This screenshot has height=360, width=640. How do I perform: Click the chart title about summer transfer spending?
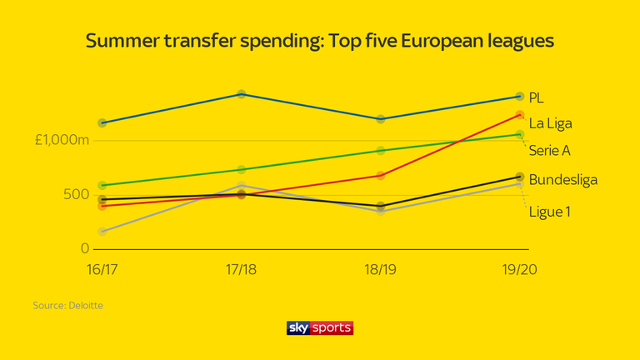click(x=320, y=41)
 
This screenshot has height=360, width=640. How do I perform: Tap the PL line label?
click(x=537, y=97)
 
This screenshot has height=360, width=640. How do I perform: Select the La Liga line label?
click(x=550, y=123)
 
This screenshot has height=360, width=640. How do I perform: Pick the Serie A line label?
click(x=550, y=151)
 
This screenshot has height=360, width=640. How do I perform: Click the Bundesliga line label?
click(x=563, y=179)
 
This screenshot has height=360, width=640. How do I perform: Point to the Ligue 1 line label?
click(x=550, y=212)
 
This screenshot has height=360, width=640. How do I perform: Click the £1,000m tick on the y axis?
click(x=62, y=140)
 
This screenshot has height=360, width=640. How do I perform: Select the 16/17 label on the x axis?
click(x=102, y=271)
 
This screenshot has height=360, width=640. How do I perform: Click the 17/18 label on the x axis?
click(x=241, y=271)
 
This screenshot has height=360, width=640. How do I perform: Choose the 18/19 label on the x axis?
click(x=381, y=271)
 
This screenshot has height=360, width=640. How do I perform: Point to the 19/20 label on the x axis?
click(x=520, y=271)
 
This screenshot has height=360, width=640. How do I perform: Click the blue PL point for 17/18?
click(x=241, y=94)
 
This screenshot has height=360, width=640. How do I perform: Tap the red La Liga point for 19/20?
click(x=520, y=115)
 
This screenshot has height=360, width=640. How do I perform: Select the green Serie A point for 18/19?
click(x=381, y=151)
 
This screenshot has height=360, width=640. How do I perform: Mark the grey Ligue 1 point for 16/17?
click(x=102, y=231)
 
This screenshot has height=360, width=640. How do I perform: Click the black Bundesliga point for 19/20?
click(x=520, y=177)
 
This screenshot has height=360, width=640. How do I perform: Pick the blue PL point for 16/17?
click(x=102, y=122)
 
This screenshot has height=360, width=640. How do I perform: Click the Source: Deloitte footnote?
click(x=68, y=306)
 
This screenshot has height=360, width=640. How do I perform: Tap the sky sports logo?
click(x=320, y=327)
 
